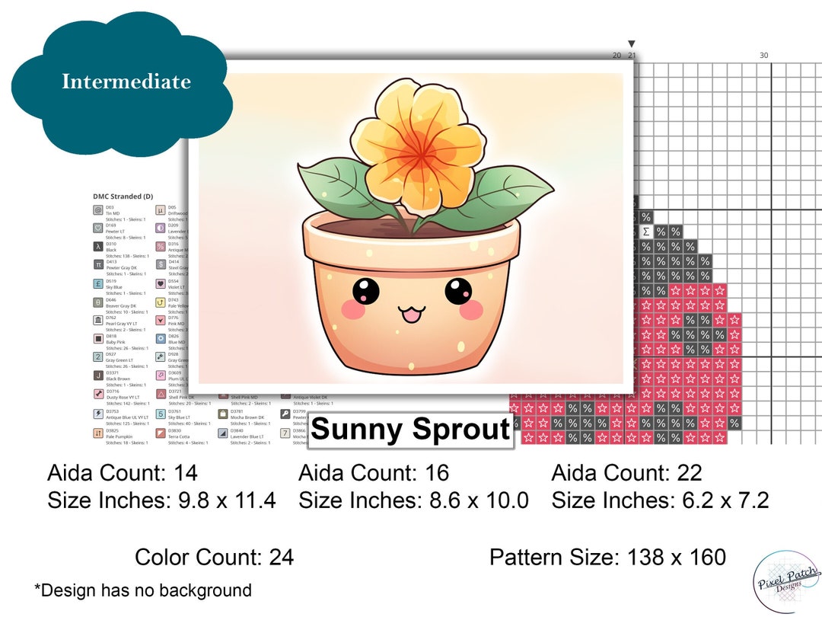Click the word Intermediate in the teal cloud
126,82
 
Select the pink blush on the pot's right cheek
473,309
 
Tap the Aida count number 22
689,473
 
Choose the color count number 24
281,558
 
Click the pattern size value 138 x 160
677,558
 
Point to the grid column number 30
763,55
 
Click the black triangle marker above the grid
631,44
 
